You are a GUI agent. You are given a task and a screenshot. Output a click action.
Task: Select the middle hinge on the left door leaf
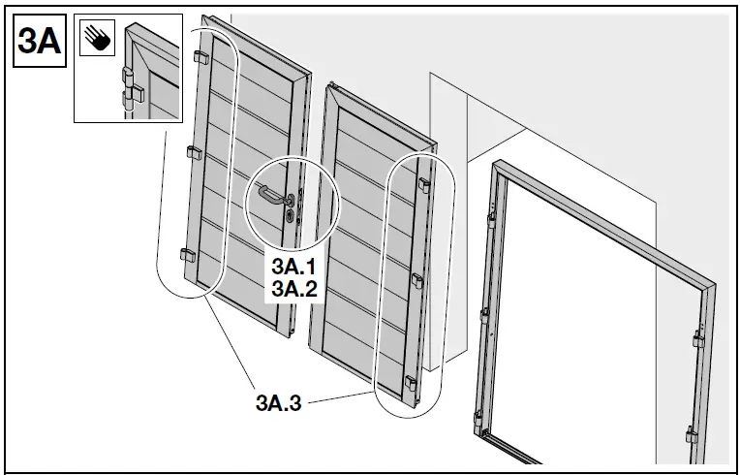191,152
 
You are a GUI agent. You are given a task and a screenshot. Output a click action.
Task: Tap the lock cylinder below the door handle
289,219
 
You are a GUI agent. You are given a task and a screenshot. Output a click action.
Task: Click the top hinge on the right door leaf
424,183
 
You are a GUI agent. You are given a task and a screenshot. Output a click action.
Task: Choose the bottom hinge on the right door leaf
411,384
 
